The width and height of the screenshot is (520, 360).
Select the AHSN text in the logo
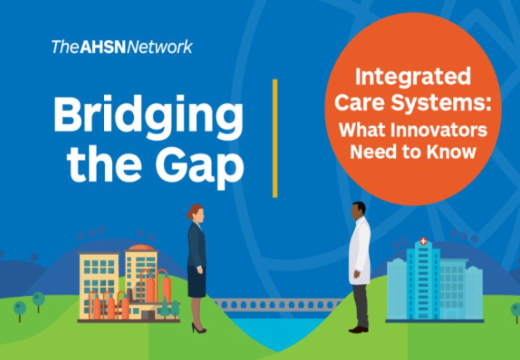[x=103, y=47]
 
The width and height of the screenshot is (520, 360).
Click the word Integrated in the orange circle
[x=413, y=77]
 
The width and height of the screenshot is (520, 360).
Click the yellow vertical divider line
[x=275, y=138]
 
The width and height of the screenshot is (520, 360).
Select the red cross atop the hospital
[x=423, y=241]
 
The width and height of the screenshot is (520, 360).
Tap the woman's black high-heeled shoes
[x=199, y=328]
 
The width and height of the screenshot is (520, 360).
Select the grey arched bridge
[x=277, y=304]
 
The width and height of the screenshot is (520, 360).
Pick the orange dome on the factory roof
[x=141, y=247]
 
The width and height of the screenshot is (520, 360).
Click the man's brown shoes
[x=359, y=329]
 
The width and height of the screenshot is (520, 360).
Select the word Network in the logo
[x=159, y=47]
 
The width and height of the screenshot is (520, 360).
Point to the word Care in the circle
[x=359, y=103]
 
